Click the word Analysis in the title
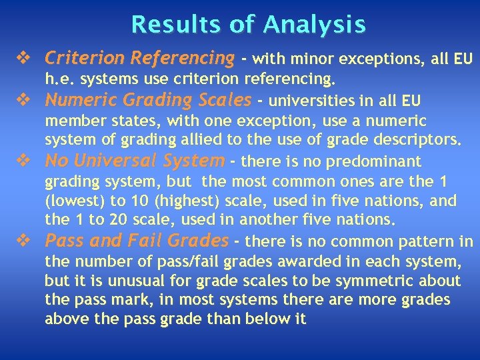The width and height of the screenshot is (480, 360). point(314,24)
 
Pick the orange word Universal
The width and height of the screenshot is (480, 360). point(117,161)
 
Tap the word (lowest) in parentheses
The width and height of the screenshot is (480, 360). point(75,201)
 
